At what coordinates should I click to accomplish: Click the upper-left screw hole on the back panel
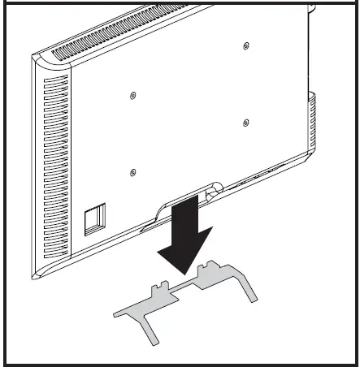(x=133, y=96)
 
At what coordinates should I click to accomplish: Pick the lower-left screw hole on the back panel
(x=133, y=171)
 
